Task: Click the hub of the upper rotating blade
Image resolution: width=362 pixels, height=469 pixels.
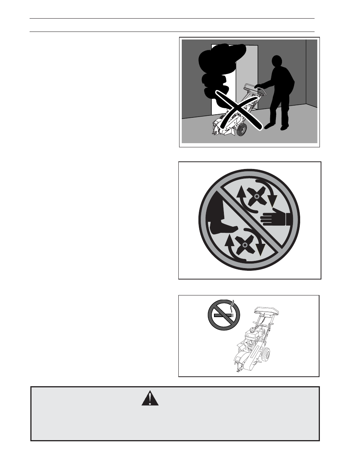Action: (x=257, y=196)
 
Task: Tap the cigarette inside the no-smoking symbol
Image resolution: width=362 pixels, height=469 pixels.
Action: (x=223, y=315)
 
